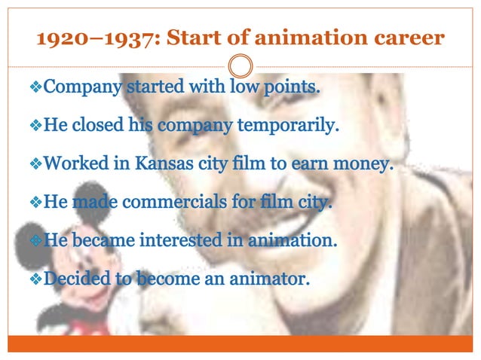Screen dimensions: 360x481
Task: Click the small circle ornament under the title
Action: click(240, 65)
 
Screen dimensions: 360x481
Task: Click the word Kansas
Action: click(168, 163)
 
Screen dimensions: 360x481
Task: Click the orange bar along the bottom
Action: click(240, 343)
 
